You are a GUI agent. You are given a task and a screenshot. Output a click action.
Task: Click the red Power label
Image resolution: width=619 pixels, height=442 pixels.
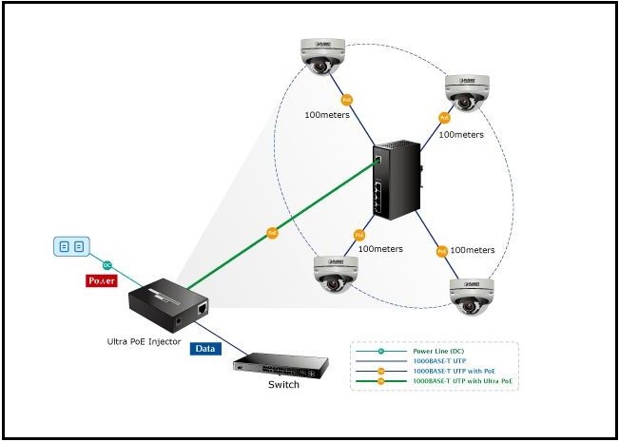click(101, 281)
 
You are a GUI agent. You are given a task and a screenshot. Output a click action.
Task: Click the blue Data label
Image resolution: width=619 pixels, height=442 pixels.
click(205, 349)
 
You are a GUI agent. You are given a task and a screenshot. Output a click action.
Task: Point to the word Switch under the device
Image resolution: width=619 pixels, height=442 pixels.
click(282, 385)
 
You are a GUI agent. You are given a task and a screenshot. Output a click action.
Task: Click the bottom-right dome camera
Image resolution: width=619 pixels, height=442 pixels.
click(471, 296)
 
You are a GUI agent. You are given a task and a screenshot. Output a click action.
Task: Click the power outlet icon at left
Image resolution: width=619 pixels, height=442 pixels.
click(71, 247)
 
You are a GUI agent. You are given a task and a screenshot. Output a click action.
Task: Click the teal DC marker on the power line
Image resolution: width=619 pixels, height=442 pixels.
click(107, 265)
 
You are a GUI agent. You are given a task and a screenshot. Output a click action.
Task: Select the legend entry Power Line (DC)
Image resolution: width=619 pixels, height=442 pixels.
click(438, 352)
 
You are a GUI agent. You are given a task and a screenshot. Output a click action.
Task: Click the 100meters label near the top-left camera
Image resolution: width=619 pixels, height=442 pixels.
click(327, 115)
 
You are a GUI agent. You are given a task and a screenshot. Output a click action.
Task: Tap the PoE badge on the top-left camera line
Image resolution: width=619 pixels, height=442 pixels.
click(345, 100)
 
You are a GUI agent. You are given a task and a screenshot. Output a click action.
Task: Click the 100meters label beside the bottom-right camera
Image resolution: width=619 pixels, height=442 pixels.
click(472, 250)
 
